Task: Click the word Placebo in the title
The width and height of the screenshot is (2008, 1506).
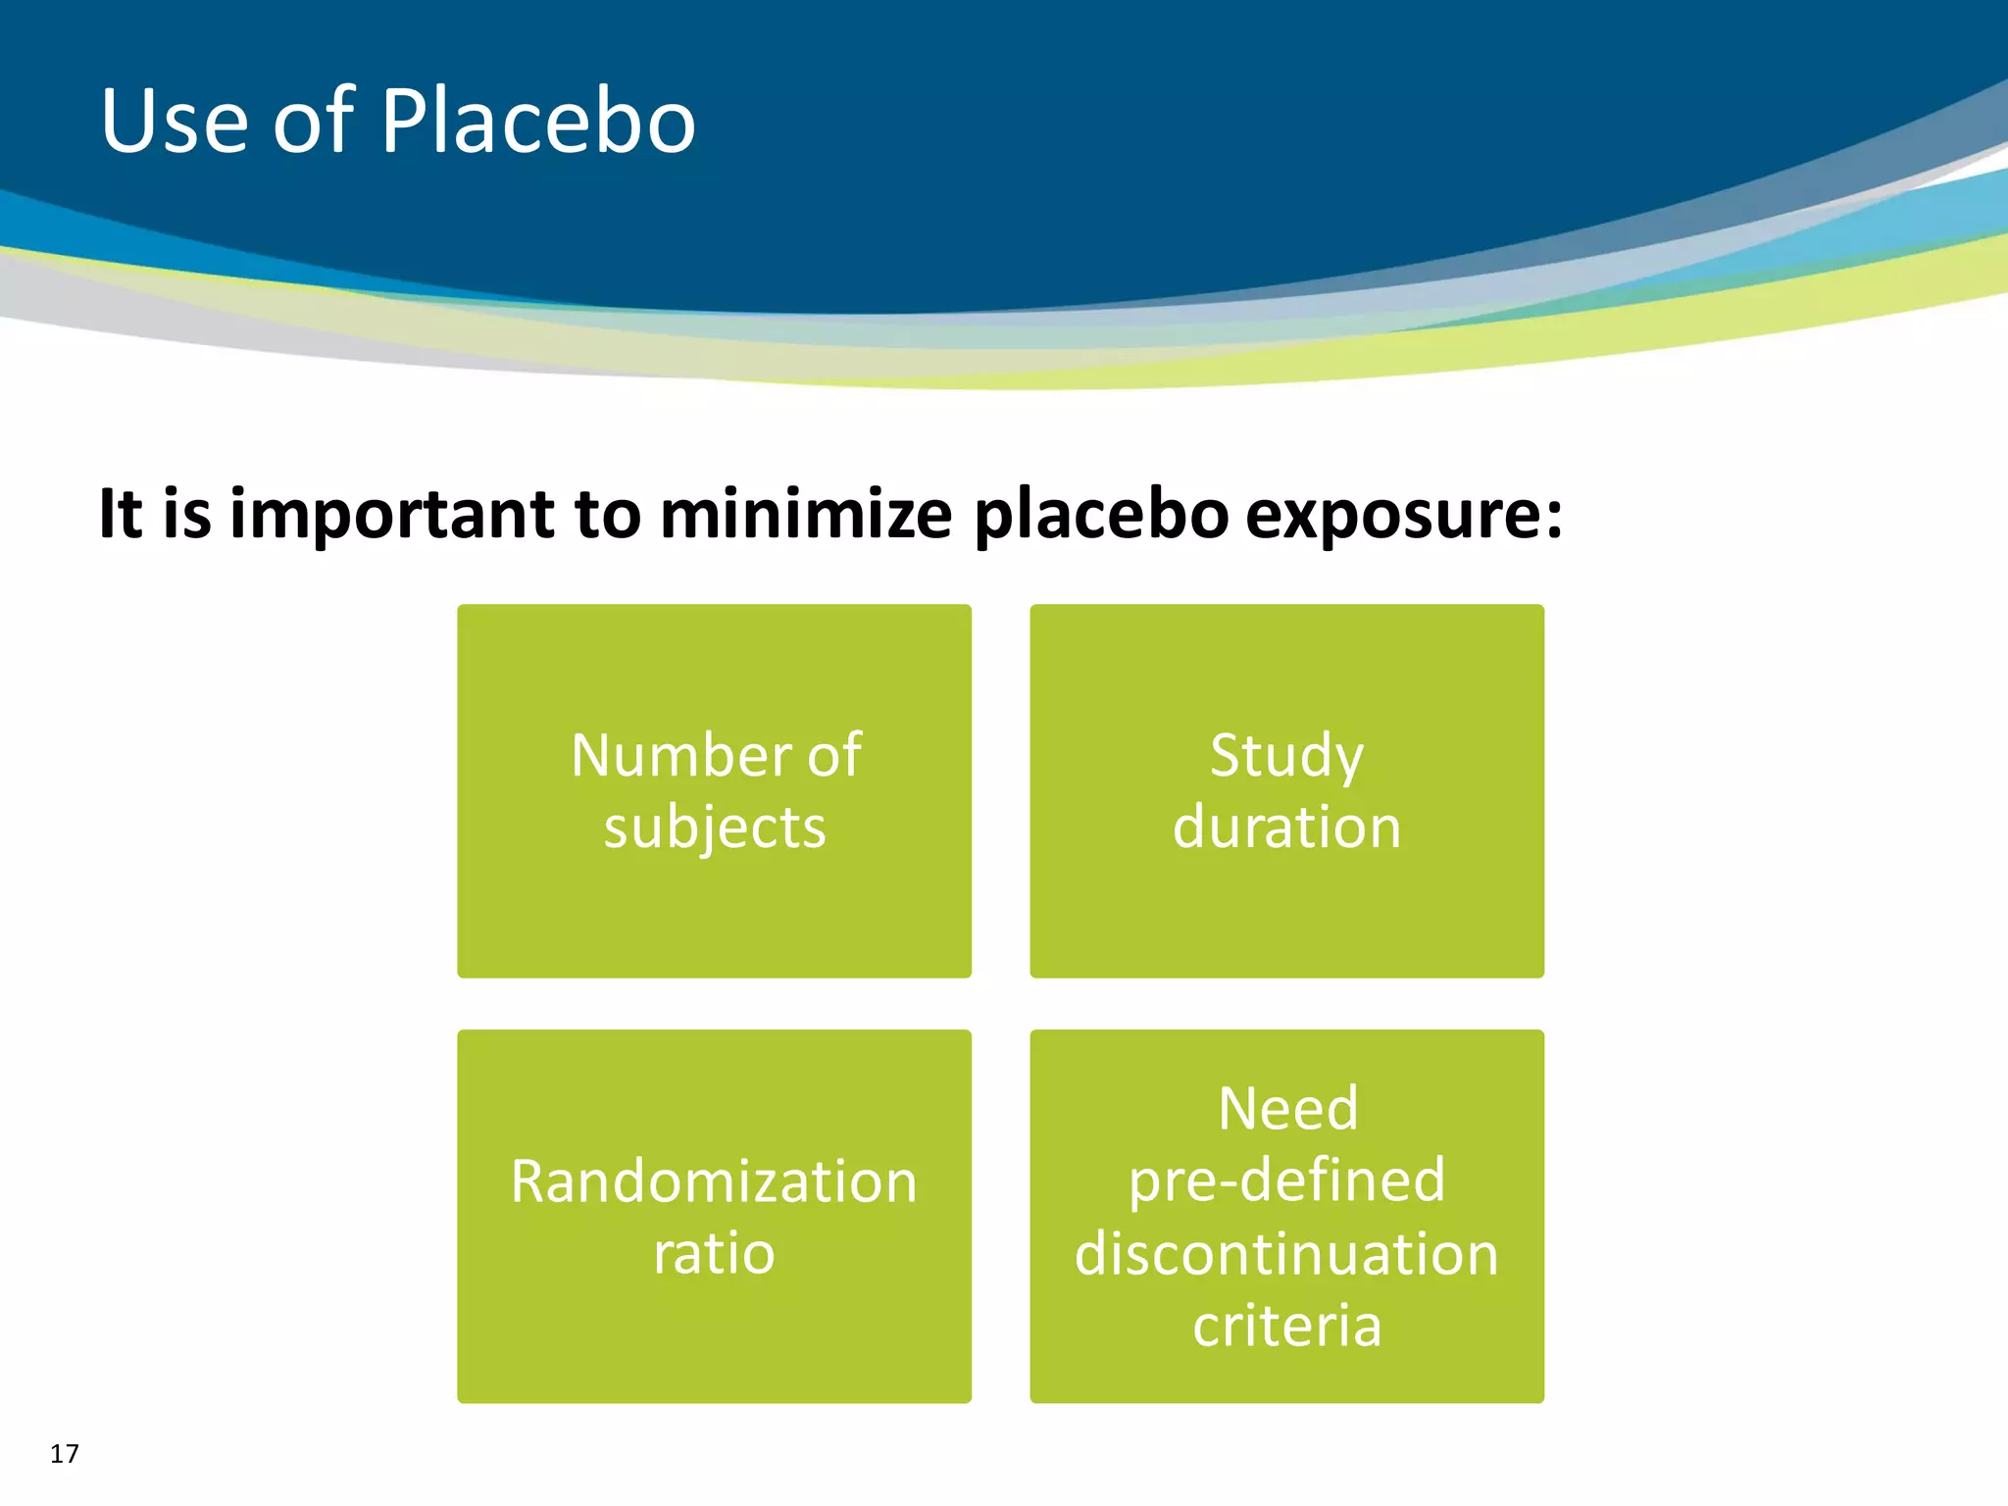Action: pos(537,122)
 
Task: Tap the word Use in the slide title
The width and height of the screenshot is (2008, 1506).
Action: pos(175,122)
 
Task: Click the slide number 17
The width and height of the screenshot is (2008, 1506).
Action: pos(65,1453)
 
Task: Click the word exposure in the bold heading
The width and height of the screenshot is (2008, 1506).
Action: pos(1402,515)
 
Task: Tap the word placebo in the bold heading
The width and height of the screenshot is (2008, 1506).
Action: pos(1100,515)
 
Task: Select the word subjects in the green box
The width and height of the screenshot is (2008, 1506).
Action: pos(715,828)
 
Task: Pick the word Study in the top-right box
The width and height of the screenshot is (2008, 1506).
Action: pos(1286,756)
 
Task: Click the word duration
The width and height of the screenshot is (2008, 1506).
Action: pos(1286,827)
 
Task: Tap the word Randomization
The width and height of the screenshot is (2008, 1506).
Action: pos(714,1181)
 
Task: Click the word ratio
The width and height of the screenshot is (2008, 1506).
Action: pos(714,1253)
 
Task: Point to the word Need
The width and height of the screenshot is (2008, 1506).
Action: pos(1287,1109)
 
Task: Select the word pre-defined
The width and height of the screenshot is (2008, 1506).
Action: pos(1286,1180)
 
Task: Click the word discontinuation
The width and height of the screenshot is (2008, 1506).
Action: pos(1286,1253)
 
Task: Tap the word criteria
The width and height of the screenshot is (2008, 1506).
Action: pos(1286,1326)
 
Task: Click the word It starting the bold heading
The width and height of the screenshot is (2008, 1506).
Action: pos(121,515)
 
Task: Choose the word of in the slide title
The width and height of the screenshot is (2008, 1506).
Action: pos(313,122)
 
